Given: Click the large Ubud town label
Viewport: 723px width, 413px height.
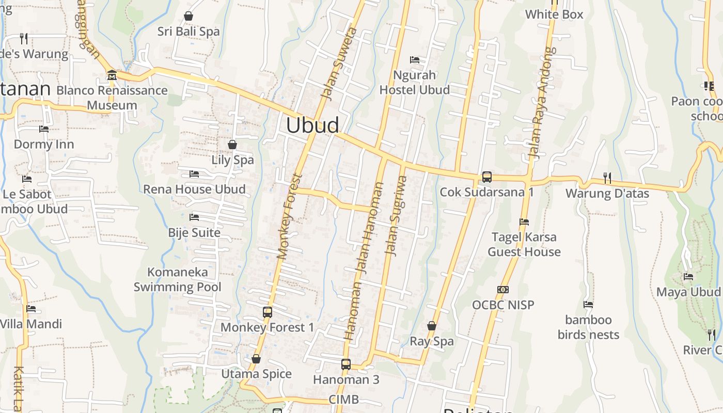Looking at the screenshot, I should [312, 125].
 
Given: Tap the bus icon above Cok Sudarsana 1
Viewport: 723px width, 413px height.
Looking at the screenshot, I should [486, 177].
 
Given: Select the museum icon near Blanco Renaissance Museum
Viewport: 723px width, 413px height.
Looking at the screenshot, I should [112, 76].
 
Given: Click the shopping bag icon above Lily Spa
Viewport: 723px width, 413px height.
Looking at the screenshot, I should [232, 145].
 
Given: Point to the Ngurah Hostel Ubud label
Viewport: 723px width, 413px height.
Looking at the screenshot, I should [415, 83].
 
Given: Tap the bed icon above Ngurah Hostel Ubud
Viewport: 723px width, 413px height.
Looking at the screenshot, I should [415, 60].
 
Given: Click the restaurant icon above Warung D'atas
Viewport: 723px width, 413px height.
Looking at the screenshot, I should [607, 178].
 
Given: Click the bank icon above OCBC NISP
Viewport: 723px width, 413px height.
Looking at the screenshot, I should [503, 290].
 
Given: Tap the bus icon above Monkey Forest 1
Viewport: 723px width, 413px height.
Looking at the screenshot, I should [267, 312].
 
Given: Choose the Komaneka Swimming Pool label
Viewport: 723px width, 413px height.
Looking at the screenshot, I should [177, 279].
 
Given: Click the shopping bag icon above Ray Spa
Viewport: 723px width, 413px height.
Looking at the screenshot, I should [432, 326].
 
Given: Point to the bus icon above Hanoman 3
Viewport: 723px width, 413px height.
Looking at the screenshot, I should [346, 364].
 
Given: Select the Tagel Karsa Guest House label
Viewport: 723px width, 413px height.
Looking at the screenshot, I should [524, 244].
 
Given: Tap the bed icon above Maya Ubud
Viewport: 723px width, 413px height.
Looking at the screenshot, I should [688, 277].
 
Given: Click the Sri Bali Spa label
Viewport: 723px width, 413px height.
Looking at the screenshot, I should [188, 31].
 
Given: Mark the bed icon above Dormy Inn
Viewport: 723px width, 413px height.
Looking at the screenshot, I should [44, 129].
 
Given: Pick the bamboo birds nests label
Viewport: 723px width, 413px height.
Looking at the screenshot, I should [588, 327].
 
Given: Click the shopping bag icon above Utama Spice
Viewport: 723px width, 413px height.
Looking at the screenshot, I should [256, 359].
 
